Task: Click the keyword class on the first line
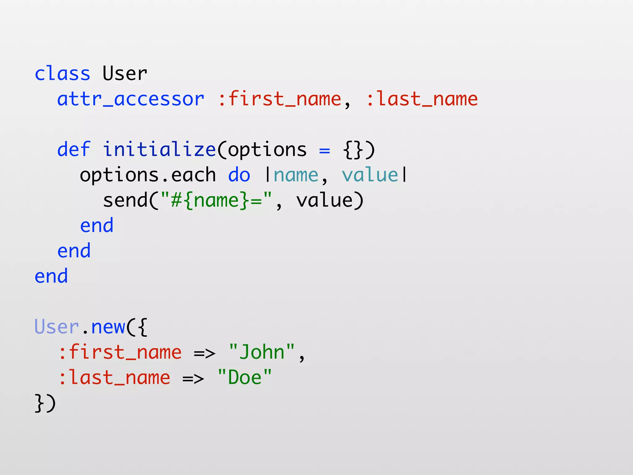pyautogui.click(x=62, y=74)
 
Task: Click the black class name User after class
pyautogui.click(x=125, y=74)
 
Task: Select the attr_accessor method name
pyautogui.click(x=130, y=99)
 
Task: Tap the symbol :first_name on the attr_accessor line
pyautogui.click(x=280, y=99)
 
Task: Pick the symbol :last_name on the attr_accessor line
pyautogui.click(x=422, y=99)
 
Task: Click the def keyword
pyautogui.click(x=74, y=150)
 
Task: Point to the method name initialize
pyautogui.click(x=159, y=150)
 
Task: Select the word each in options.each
pyautogui.click(x=193, y=175)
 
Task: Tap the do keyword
pyautogui.click(x=239, y=175)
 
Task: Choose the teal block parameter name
pyautogui.click(x=296, y=175)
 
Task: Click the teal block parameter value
pyautogui.click(x=370, y=175)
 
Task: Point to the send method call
pyautogui.click(x=125, y=200)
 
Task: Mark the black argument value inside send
pyautogui.click(x=324, y=200)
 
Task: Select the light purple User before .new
pyautogui.click(x=57, y=327)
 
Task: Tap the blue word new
pyautogui.click(x=108, y=327)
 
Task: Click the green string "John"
pyautogui.click(x=262, y=352)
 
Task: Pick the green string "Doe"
pyautogui.click(x=244, y=378)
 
